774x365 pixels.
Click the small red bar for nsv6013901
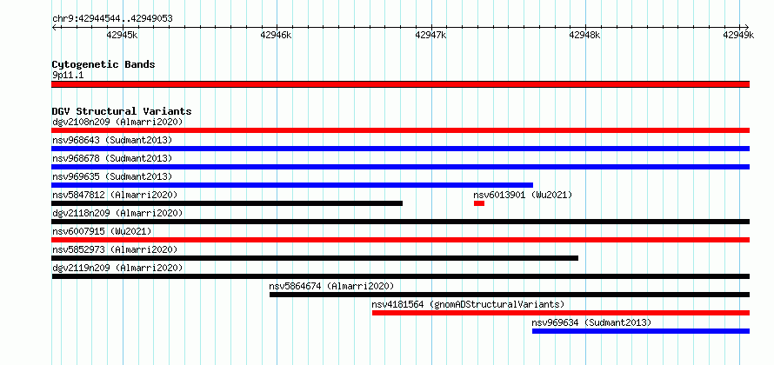click(479, 203)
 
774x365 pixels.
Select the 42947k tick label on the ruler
click(430, 35)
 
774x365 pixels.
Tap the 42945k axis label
click(122, 35)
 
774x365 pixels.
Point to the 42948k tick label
click(584, 35)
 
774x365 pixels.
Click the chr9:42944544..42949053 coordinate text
click(112, 19)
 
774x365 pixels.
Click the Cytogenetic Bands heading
click(103, 64)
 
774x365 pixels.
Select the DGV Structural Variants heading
click(122, 111)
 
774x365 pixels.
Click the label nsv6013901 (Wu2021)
click(523, 195)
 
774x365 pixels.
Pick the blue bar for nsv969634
click(641, 331)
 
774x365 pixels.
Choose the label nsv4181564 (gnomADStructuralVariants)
click(468, 304)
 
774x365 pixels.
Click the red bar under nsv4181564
click(561, 313)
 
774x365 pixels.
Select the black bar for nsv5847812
click(227, 203)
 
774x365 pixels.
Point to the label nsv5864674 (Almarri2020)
click(331, 286)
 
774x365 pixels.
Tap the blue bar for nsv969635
click(292, 185)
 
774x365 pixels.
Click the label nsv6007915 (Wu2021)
click(102, 231)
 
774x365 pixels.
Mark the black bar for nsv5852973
click(315, 258)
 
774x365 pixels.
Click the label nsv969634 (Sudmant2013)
click(591, 322)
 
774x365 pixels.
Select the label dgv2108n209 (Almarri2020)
click(117, 122)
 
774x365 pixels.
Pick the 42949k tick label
click(738, 35)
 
